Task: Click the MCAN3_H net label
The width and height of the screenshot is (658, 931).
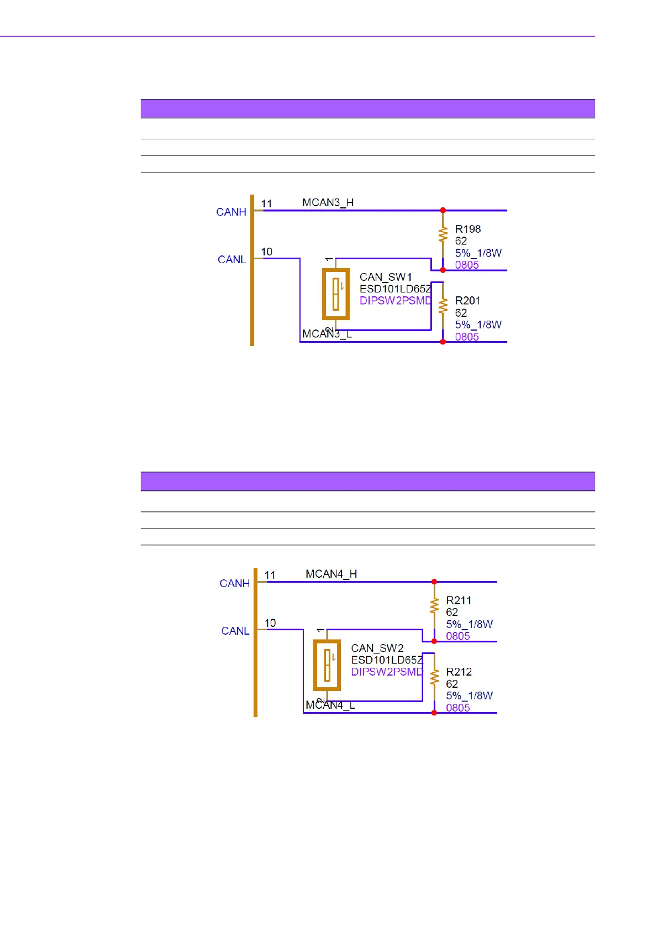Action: coord(328,203)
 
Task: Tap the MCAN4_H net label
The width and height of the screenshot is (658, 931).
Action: coord(331,574)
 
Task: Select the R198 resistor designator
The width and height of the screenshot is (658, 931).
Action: coord(467,229)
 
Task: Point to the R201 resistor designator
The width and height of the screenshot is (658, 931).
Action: coord(467,301)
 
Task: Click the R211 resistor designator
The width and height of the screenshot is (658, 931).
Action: coord(459,600)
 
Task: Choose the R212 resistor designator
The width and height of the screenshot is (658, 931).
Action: coord(459,672)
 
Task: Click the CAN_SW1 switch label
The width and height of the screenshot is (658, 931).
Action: coord(386,277)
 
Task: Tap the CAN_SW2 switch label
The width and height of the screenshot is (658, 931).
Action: coord(377,648)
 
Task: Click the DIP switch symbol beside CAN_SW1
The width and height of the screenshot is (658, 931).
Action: coord(336,294)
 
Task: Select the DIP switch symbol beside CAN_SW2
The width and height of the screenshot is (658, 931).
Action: coord(327,665)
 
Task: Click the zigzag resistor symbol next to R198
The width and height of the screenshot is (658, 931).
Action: coord(443,234)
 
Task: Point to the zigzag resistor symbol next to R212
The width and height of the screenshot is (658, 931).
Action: coord(434,677)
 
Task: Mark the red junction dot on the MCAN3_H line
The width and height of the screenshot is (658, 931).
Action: coord(443,211)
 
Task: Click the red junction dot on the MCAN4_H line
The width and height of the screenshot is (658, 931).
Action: coord(434,582)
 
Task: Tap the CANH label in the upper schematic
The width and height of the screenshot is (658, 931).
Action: coord(231,212)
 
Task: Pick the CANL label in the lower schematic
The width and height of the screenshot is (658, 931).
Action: coord(235,631)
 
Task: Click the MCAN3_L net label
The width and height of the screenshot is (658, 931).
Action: coord(327,334)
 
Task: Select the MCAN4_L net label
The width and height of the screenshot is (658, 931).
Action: coord(330,705)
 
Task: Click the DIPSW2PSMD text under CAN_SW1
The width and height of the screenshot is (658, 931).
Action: coord(396,301)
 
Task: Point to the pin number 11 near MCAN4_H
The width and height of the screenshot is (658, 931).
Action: coord(270,576)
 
